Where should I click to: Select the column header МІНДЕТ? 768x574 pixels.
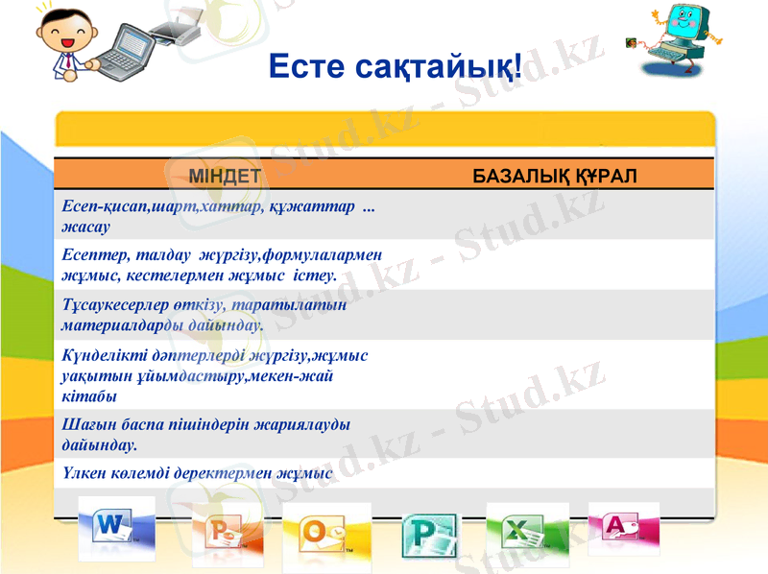(x=225, y=177)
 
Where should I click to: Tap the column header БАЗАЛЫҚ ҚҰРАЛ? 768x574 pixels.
(x=556, y=177)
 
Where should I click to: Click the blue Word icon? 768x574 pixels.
(x=116, y=527)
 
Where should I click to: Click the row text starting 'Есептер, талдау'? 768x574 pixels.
(x=221, y=264)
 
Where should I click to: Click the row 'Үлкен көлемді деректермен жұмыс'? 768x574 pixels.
(x=197, y=473)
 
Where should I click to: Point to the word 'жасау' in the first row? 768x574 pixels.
(x=84, y=227)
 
